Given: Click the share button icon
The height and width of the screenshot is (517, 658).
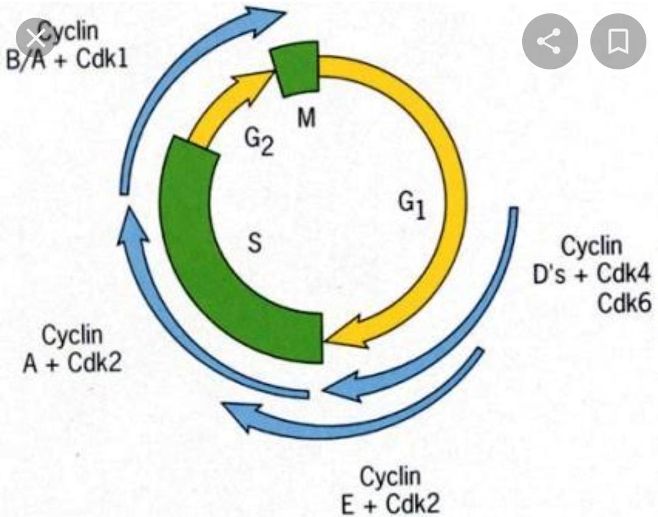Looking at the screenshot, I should coord(550,42).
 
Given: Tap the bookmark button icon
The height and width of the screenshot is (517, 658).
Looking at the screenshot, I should coord(618,42).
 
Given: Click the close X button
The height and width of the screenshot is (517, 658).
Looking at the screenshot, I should coord(36,38).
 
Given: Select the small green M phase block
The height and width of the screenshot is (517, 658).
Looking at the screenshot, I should coord(296,68).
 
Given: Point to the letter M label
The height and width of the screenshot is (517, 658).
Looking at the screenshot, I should coord(306,119).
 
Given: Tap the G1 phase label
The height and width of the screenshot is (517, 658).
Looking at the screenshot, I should coord(412,207).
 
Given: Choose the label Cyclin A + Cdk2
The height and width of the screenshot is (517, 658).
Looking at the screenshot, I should coord(73,350).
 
